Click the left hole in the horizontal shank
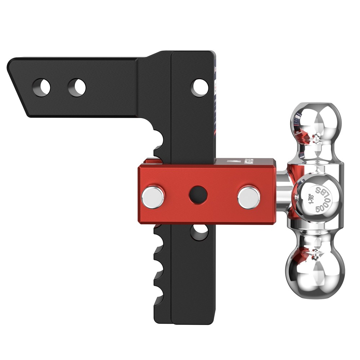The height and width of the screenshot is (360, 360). click(41, 87)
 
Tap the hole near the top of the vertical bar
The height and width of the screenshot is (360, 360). click(199, 87)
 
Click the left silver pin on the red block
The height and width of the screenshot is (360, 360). click(153, 197)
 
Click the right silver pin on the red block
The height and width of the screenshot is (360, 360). click(249, 197)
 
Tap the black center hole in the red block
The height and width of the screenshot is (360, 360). click(198, 195)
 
